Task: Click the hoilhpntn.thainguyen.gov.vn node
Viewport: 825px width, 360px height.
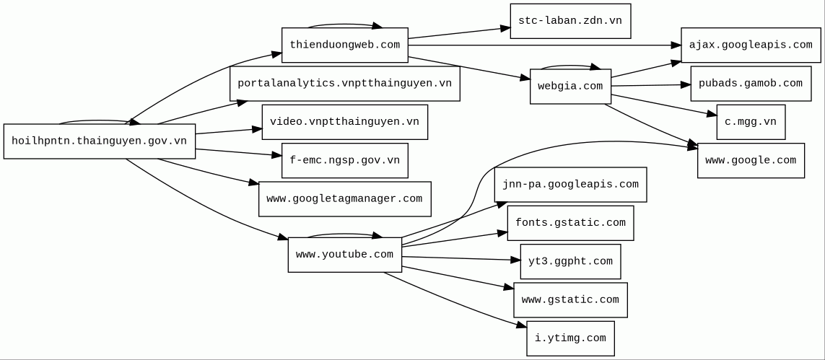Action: (x=99, y=141)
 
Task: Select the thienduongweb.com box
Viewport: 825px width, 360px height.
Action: (x=344, y=45)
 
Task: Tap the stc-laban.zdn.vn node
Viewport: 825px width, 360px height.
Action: (x=570, y=21)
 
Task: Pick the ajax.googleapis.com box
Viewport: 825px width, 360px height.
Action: (x=751, y=45)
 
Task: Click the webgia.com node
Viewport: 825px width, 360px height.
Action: (x=570, y=87)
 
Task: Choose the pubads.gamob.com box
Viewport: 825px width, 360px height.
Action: (x=751, y=84)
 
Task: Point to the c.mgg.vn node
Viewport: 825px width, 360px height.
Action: (x=751, y=122)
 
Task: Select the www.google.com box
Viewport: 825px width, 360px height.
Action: (x=751, y=160)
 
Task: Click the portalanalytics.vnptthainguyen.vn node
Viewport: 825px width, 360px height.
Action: (x=344, y=84)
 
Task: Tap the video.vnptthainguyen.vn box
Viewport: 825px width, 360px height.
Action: (x=344, y=122)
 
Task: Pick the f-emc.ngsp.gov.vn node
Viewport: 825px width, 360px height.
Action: (x=344, y=160)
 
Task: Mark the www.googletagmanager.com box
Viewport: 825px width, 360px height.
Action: (x=344, y=199)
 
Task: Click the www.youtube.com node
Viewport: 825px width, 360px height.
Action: (x=344, y=255)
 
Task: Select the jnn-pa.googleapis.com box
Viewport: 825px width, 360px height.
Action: (x=570, y=185)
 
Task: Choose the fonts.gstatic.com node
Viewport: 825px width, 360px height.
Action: (x=570, y=223)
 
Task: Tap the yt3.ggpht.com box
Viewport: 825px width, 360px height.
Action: (x=570, y=262)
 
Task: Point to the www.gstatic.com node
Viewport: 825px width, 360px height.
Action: (x=570, y=300)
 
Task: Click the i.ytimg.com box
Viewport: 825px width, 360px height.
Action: (x=570, y=338)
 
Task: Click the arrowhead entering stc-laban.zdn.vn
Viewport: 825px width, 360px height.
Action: (x=506, y=29)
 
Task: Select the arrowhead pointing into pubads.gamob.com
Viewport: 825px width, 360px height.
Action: (x=686, y=84)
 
